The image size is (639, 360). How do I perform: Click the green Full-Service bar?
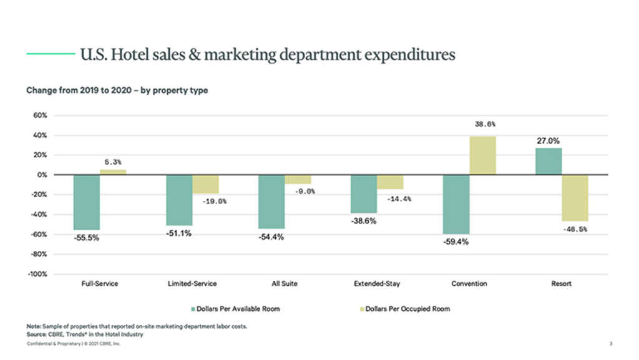[86, 202]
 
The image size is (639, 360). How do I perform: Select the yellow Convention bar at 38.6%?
[482, 155]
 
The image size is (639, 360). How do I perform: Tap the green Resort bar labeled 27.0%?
[549, 161]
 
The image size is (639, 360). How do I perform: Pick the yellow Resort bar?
[575, 198]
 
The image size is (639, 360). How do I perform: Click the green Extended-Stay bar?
[363, 194]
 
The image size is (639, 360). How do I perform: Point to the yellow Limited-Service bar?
[205, 184]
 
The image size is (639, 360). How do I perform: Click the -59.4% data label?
[456, 241]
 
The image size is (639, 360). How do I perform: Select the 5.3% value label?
[112, 162]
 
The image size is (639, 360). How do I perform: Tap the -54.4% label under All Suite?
[271, 237]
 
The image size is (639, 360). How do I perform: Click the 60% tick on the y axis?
[41, 115]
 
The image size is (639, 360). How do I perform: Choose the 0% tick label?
[42, 175]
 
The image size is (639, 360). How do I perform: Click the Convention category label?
[469, 284]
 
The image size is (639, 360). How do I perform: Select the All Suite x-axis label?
[285, 284]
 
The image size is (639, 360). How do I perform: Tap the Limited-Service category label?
[192, 284]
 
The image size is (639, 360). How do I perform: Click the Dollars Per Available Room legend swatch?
[193, 309]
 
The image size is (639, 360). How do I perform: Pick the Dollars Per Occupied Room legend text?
[407, 309]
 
